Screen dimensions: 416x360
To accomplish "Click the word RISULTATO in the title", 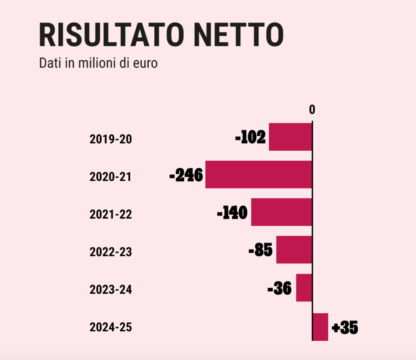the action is click(112, 35).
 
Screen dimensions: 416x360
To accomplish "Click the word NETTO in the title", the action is click(238, 35).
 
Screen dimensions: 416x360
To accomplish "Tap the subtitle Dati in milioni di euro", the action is click(99, 63).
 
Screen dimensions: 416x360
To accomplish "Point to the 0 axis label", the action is click(312, 109).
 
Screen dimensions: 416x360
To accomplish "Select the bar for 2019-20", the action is click(291, 137).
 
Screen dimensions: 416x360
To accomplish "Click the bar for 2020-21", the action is click(258, 174).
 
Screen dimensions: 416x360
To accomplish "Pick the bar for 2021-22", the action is click(281, 212).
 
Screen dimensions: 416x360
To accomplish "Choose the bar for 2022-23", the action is click(294, 250).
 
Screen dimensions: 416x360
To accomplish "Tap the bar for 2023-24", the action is click(304, 288).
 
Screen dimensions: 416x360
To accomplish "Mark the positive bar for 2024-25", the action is click(321, 327).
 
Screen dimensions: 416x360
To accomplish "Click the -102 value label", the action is click(250, 137).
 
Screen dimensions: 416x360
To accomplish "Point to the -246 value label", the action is click(186, 175).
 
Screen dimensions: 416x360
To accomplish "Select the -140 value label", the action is click(232, 212).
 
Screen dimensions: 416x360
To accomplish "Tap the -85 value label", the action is click(261, 250).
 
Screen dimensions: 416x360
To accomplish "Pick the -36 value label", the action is click(280, 288).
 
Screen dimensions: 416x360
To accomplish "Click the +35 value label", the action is click(345, 327).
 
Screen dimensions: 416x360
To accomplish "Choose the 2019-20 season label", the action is click(111, 139).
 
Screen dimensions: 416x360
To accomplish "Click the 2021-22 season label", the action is click(111, 215).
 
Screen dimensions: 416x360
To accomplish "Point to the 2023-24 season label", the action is click(111, 289).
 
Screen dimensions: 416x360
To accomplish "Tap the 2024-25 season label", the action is click(111, 327).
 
